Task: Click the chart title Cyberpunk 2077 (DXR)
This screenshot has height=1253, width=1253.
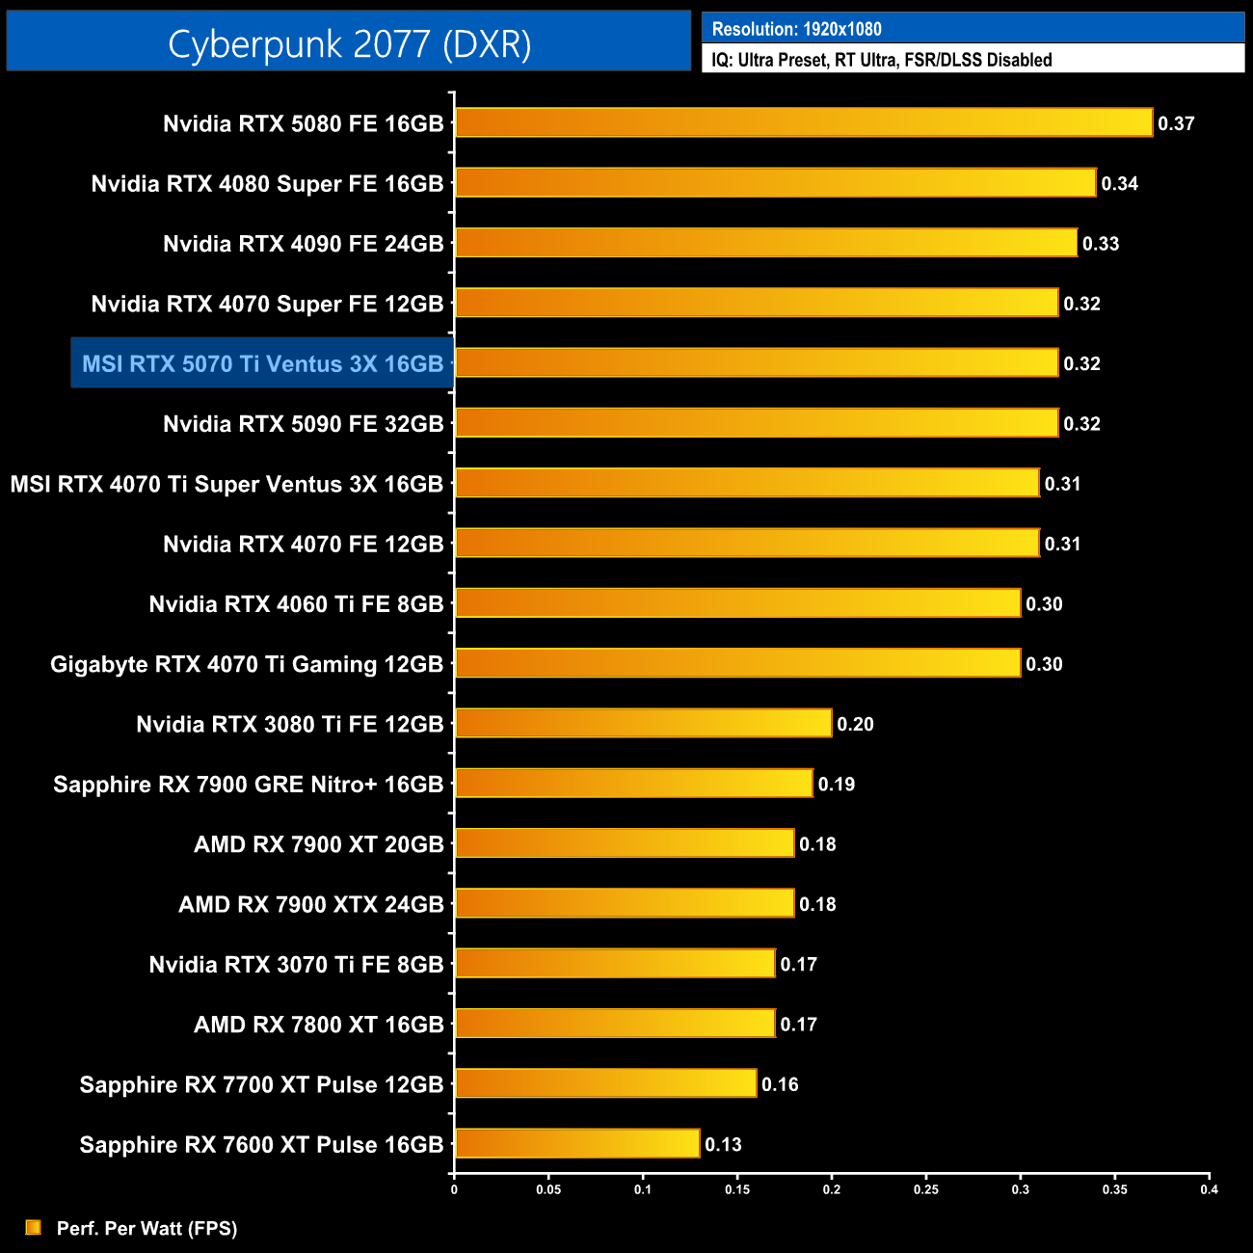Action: [x=349, y=43]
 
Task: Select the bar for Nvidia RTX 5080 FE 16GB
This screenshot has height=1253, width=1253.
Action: [x=804, y=122]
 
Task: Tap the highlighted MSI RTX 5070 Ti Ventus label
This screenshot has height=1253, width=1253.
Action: [x=262, y=363]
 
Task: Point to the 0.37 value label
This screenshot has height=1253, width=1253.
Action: [x=1176, y=123]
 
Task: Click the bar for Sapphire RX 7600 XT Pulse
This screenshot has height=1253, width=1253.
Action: [x=577, y=1143]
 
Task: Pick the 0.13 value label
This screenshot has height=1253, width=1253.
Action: [x=723, y=1144]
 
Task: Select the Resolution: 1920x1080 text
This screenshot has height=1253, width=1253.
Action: [x=796, y=29]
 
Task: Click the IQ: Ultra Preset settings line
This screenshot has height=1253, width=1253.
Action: [x=881, y=60]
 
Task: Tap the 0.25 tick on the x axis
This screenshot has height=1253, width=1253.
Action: [x=925, y=1189]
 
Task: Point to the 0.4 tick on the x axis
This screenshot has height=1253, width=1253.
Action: [x=1209, y=1189]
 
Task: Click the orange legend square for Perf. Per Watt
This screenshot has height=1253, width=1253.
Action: [x=34, y=1227]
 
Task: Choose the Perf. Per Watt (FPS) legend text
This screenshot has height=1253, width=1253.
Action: [x=147, y=1228]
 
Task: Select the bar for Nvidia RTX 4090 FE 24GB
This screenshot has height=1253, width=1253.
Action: [x=766, y=243]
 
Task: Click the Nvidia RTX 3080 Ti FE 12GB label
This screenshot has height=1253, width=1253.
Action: [x=289, y=724]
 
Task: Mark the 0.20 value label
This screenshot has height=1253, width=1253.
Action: [x=855, y=724]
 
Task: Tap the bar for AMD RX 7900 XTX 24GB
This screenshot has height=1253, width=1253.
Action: [x=625, y=903]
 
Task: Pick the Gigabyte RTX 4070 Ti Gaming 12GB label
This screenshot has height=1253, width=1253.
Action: [x=247, y=664]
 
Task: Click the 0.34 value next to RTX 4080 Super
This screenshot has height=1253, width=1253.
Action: [x=1119, y=183]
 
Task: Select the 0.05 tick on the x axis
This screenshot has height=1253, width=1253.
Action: [x=548, y=1189]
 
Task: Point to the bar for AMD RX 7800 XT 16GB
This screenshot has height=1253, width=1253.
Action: [x=615, y=1023]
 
